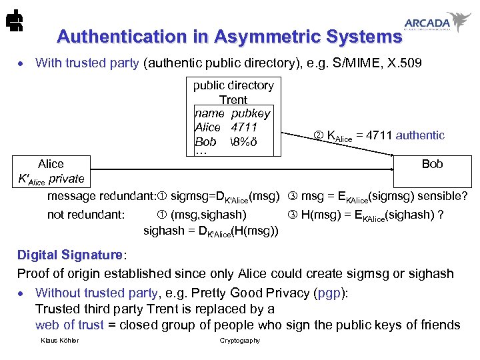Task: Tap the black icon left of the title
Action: point(13,23)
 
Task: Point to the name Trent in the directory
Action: point(233,99)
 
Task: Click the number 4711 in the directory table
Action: point(244,127)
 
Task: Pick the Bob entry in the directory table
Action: point(205,142)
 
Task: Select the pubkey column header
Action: point(251,113)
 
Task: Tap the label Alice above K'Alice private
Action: point(51,164)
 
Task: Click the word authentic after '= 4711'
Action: point(420,135)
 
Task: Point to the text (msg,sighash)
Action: point(208,215)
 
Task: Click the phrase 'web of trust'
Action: point(69,325)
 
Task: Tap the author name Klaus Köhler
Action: point(59,341)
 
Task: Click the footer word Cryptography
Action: point(240,341)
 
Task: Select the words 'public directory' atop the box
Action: point(233,85)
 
